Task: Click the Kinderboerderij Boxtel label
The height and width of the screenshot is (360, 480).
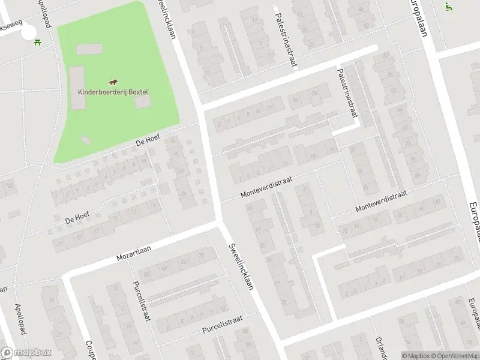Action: point(113,92)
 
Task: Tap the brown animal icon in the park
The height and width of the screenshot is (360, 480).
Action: point(113,82)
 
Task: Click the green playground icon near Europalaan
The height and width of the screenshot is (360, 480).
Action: point(448,7)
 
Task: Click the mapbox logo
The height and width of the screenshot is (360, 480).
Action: point(26,353)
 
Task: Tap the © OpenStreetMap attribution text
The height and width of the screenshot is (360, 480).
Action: point(451,356)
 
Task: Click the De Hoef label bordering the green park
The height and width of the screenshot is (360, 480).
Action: point(149,140)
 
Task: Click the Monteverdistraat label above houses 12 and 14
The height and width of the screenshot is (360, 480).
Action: point(381,201)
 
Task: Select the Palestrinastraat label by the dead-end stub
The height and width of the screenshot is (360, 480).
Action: point(346,94)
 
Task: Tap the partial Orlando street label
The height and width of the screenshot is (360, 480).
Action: point(380,347)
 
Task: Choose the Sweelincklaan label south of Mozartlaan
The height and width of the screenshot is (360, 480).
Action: point(240,268)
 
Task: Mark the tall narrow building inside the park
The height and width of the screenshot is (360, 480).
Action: point(77,88)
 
